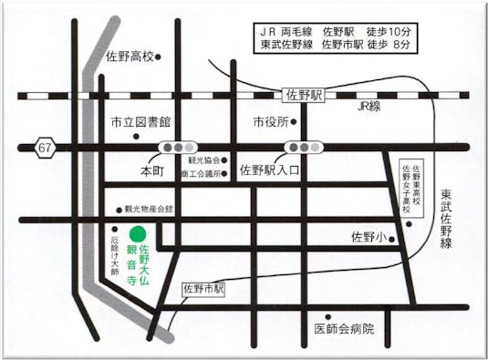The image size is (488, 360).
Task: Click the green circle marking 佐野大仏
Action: click(137, 232)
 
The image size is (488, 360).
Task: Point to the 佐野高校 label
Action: click(130, 57)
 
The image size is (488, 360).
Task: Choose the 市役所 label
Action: click(271, 121)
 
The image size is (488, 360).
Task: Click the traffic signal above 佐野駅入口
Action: click(303, 147)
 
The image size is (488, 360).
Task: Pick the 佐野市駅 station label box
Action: click(203, 287)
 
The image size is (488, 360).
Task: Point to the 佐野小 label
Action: click(369, 237)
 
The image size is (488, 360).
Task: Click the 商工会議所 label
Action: click(202, 173)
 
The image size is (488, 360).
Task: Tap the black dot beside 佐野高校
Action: click(158, 57)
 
